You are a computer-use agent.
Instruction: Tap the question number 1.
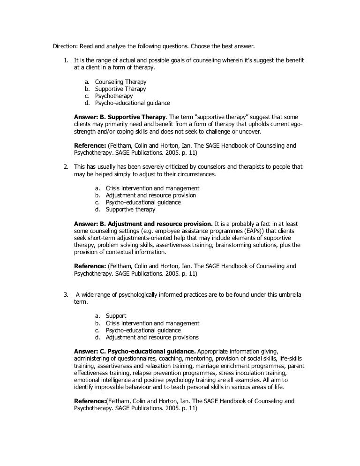(x=65, y=60)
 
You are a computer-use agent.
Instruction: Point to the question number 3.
(x=65, y=294)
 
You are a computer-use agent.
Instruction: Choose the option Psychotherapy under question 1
(x=114, y=96)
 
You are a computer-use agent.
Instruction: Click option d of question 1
(x=132, y=103)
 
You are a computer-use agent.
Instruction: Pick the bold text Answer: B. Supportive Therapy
(x=120, y=117)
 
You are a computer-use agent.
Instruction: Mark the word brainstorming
(x=219, y=245)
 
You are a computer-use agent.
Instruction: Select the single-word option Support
(x=116, y=316)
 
